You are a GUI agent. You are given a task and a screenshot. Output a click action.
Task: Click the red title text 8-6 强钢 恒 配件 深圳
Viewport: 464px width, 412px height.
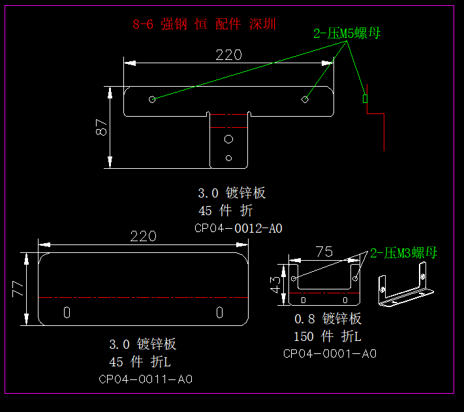pos(204,25)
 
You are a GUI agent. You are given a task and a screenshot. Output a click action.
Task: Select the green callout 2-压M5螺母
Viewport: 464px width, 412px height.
pos(347,34)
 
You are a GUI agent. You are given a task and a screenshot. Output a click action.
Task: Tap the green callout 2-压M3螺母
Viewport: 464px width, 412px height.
pos(403,253)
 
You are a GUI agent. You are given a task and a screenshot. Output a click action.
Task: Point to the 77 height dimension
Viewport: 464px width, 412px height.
pos(18,288)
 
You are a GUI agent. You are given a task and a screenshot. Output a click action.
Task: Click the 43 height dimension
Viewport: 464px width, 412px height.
pos(276,284)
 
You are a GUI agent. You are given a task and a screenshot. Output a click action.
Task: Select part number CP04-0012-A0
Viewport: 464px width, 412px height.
pos(238,228)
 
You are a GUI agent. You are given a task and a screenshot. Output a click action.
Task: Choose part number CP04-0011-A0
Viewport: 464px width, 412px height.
pos(146,379)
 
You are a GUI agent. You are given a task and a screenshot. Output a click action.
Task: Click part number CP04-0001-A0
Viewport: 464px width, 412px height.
pos(330,353)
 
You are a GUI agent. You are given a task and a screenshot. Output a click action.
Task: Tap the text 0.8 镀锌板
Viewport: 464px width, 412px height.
pos(328,319)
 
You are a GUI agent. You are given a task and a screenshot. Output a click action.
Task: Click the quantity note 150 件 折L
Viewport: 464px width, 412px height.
pos(327,336)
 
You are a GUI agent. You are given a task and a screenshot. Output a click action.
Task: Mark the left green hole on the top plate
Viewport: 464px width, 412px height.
pos(152,99)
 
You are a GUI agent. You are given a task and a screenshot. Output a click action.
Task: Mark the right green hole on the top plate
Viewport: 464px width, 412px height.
pos(305,99)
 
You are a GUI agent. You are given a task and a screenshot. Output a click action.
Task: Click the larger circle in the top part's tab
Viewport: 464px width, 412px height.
pos(228,139)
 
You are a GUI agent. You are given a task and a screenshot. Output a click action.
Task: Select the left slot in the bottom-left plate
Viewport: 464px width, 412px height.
pos(67,312)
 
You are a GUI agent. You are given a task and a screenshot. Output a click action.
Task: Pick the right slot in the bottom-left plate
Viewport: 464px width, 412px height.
pos(220,312)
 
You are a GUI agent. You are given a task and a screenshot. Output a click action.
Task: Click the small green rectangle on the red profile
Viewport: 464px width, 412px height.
pos(365,99)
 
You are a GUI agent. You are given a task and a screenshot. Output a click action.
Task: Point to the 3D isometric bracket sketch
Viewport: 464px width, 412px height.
pos(403,286)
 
